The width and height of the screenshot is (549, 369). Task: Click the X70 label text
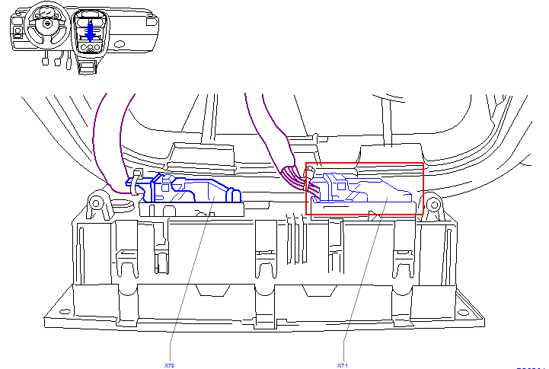(x=169, y=365)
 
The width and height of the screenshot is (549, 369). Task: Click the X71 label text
(x=343, y=365)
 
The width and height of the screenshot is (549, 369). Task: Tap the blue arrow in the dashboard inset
(x=91, y=31)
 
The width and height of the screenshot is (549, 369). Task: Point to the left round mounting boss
(x=97, y=202)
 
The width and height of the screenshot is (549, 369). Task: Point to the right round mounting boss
(x=433, y=204)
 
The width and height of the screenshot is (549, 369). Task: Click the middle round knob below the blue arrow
(x=91, y=48)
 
